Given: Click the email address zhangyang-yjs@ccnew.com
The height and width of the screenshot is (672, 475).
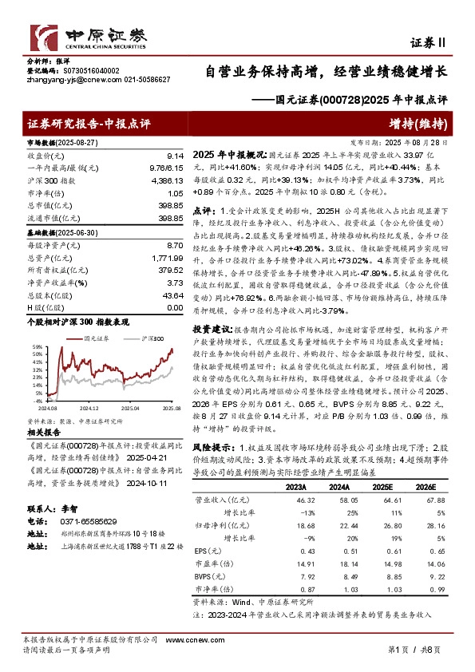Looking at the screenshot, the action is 70,80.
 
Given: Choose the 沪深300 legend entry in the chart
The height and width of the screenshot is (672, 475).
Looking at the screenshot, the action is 141,338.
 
